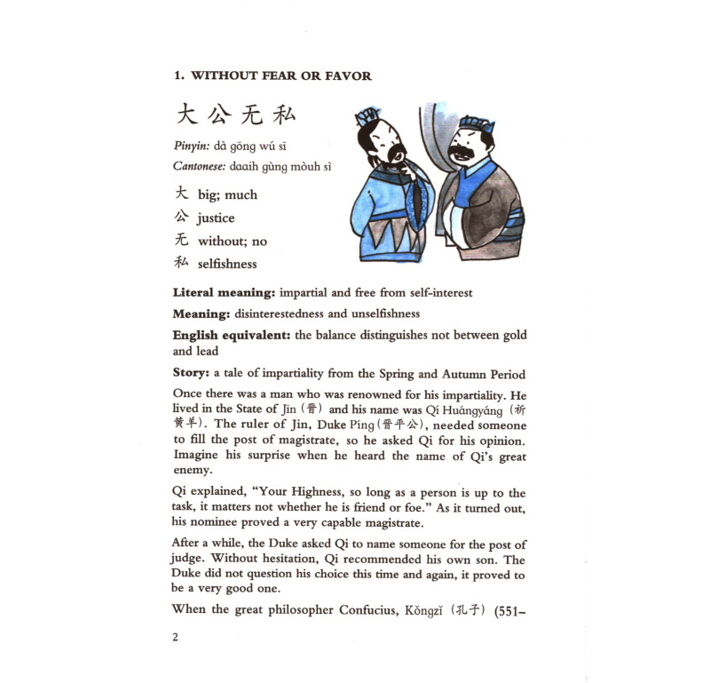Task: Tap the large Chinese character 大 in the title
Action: point(185,115)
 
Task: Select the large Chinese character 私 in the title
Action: point(283,115)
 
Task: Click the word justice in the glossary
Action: point(216,218)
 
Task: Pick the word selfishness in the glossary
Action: point(227,264)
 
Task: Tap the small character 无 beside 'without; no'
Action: point(181,241)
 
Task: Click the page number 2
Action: point(176,637)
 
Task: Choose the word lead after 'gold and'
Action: point(207,351)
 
